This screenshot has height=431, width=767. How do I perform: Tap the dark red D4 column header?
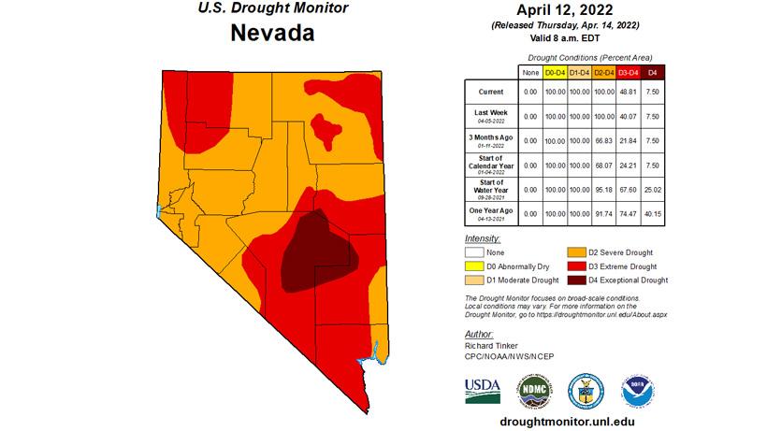click(654, 72)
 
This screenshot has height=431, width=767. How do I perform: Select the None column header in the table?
click(530, 72)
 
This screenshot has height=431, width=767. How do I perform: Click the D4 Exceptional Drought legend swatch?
click(580, 280)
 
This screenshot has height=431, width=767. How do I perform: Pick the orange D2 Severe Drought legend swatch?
click(580, 252)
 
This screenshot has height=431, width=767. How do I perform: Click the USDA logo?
click(482, 389)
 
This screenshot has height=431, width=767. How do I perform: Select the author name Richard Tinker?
click(490, 346)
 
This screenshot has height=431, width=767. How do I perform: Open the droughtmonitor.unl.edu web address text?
click(569, 422)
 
